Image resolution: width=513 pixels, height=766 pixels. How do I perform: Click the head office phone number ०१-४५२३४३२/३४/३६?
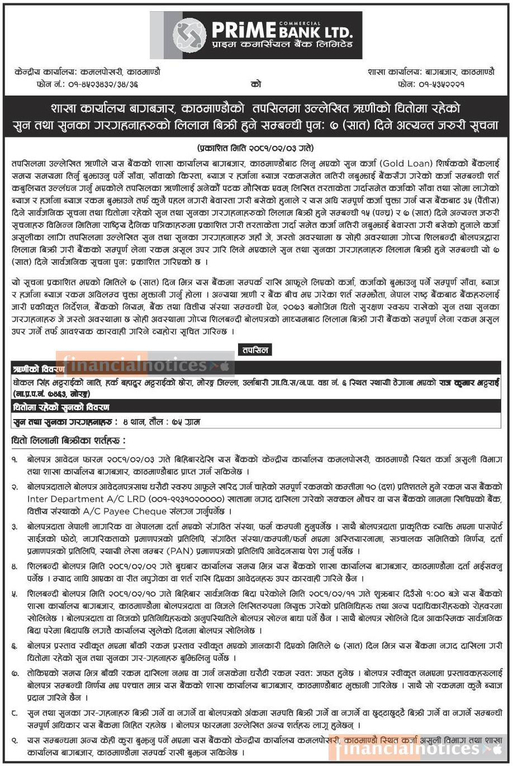click(x=105, y=84)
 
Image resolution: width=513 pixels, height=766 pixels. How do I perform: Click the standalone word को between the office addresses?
click(x=256, y=84)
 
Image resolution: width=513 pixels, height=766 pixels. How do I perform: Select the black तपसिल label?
click(x=255, y=350)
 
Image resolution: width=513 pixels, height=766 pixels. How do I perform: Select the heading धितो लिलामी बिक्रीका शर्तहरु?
click(x=68, y=441)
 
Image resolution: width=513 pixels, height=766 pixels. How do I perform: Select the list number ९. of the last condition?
click(x=15, y=740)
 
